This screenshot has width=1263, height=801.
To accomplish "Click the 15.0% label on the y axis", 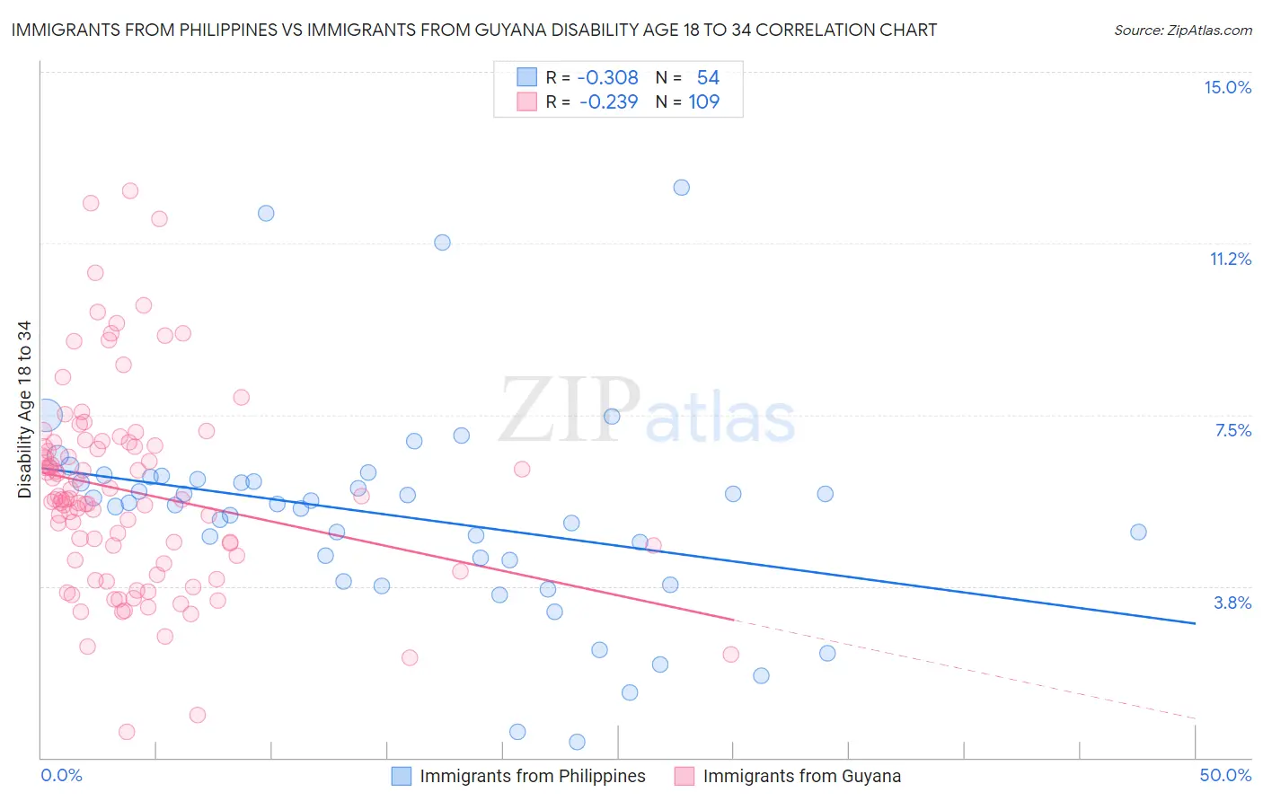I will pyautogui.click(x=1227, y=87).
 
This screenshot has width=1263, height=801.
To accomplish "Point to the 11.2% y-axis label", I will pyautogui.click(x=1230, y=259).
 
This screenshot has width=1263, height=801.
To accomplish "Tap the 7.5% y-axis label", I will pyautogui.click(x=1232, y=430).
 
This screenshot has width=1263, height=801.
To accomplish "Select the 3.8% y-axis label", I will pyautogui.click(x=1232, y=603).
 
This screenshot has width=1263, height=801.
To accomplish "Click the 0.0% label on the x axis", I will pyautogui.click(x=61, y=775).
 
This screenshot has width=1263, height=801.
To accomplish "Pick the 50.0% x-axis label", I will pyautogui.click(x=1225, y=775).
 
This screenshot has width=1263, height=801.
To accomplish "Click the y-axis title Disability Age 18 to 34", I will pyautogui.click(x=24, y=409).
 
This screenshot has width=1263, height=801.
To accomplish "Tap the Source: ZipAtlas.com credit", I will pyautogui.click(x=1182, y=30).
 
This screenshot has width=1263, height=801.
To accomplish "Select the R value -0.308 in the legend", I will pyautogui.click(x=607, y=77).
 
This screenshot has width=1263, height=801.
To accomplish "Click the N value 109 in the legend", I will pyautogui.click(x=703, y=101).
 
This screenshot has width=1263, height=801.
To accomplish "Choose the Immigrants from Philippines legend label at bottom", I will pyautogui.click(x=532, y=776).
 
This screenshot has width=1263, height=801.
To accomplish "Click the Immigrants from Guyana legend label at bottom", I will pyautogui.click(x=801, y=776).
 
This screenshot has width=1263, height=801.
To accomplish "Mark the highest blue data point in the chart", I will pyautogui.click(x=682, y=188).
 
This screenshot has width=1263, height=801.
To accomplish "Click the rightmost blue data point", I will pyautogui.click(x=1138, y=532).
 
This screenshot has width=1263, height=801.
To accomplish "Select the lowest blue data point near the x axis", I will pyautogui.click(x=577, y=742).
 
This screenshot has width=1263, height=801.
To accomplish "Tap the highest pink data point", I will pyautogui.click(x=130, y=190).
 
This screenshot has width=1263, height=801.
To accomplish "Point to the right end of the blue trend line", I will pyautogui.click(x=1195, y=623).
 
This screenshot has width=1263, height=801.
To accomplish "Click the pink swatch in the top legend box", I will pyautogui.click(x=526, y=101).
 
